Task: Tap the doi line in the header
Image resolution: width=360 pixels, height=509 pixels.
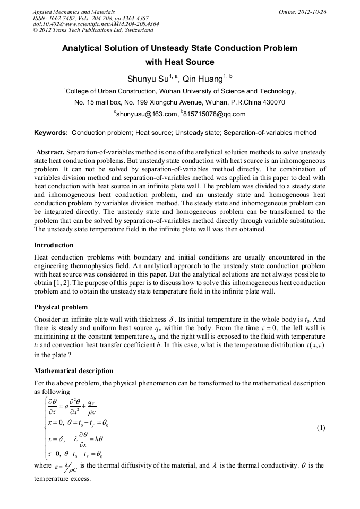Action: (96, 24)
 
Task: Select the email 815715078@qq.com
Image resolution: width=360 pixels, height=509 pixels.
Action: (213, 114)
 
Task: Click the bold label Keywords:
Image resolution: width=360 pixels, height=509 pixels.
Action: (51, 133)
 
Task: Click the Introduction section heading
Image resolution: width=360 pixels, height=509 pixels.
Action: (54, 245)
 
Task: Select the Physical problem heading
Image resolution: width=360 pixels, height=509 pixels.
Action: (61, 307)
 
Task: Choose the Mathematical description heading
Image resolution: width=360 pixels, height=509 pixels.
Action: (73, 370)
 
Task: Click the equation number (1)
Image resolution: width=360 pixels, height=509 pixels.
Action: (321, 428)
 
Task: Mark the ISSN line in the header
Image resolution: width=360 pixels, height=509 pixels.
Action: (90, 18)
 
